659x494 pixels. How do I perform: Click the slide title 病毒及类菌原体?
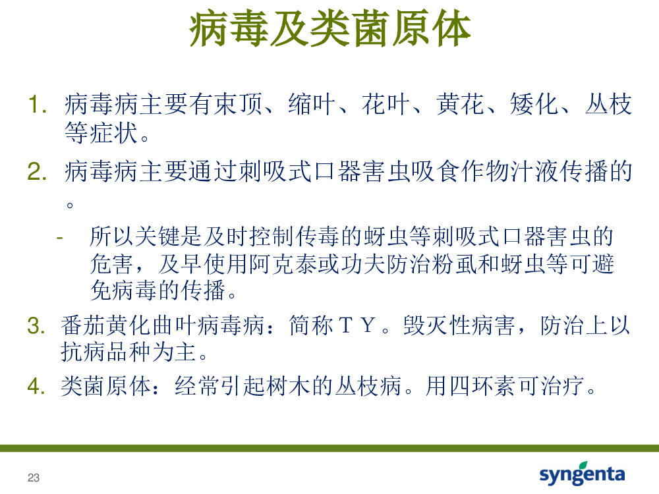330,28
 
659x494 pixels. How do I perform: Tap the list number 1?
37,104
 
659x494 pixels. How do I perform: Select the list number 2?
37,171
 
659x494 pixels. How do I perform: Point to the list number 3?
36,325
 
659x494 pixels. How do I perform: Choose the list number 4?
36,385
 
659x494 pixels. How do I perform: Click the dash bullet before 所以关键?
60,238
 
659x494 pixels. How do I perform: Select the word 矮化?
534,104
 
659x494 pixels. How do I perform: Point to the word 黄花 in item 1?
460,104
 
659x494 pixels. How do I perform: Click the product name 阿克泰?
283,264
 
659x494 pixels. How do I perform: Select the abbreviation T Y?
357,325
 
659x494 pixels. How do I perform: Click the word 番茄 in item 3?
83,325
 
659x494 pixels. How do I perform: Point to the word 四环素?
482,385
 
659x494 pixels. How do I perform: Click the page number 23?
34,478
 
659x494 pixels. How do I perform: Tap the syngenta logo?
582,474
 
